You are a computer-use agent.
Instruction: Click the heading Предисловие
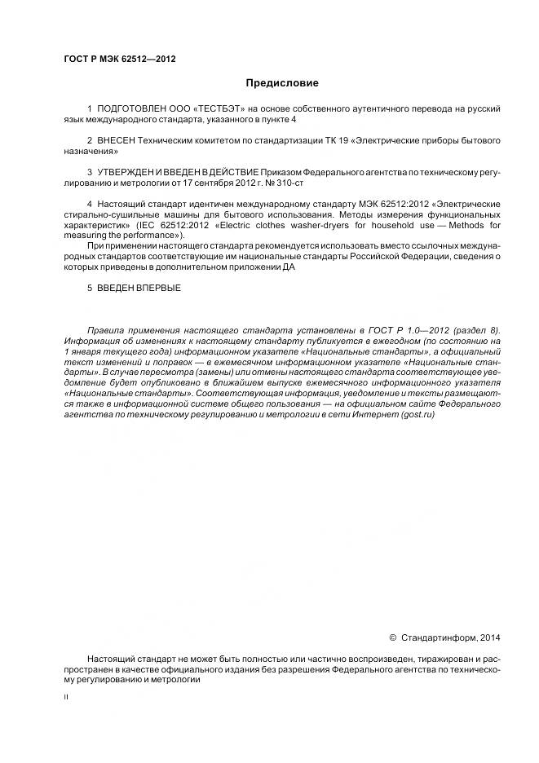[x=282, y=83]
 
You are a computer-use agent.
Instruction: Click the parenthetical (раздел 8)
[x=479, y=330]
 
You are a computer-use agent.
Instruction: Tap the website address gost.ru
[x=419, y=415]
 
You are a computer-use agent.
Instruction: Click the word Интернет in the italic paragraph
[x=370, y=415]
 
